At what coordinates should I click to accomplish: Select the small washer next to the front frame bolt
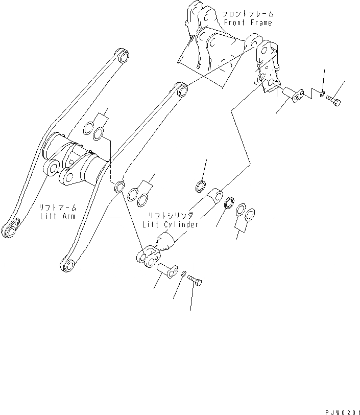click(x=321, y=93)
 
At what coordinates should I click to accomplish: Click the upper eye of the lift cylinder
click(x=215, y=194)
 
